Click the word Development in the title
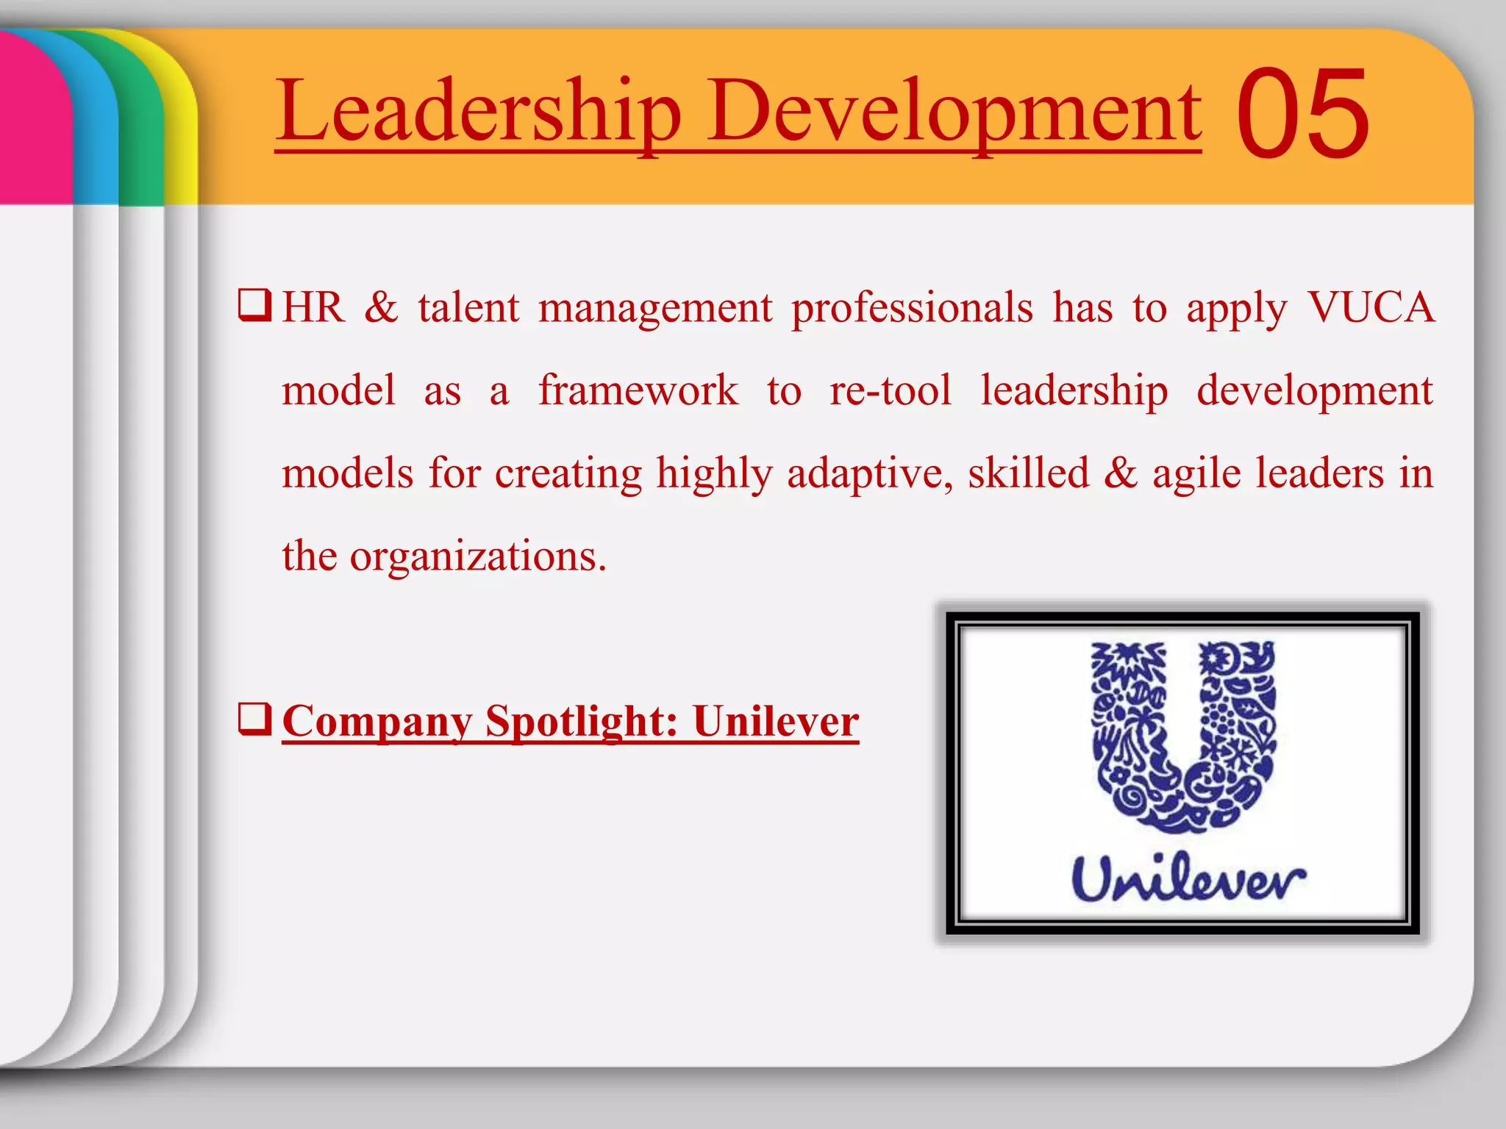click(x=954, y=112)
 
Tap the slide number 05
click(x=1302, y=113)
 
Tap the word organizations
click(x=477, y=556)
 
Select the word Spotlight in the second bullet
click(x=581, y=721)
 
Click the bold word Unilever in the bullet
click(x=776, y=721)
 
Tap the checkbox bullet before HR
click(x=254, y=306)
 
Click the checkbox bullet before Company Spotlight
click(x=254, y=720)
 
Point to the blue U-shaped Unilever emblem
click(x=1184, y=735)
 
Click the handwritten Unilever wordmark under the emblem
click(x=1188, y=880)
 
